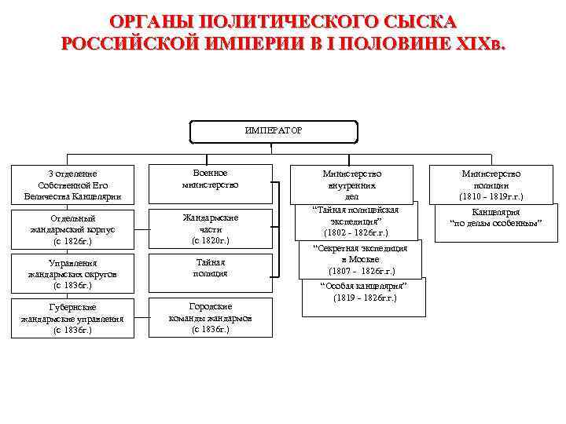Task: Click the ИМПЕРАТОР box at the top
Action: click(x=274, y=130)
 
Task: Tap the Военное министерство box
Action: click(x=210, y=180)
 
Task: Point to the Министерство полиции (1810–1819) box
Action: click(x=491, y=185)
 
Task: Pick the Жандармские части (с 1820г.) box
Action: click(x=210, y=228)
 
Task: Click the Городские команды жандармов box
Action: click(x=210, y=317)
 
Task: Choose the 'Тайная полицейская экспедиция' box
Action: click(x=356, y=221)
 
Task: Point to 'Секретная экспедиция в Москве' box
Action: click(x=360, y=259)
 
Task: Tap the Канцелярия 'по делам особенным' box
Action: click(x=495, y=217)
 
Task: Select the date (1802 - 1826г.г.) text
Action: click(x=356, y=233)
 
